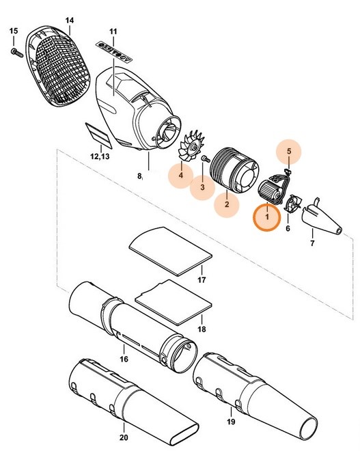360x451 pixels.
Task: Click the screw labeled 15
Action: click(14, 51)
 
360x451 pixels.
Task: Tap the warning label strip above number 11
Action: click(113, 50)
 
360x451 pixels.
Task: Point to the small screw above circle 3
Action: click(205, 159)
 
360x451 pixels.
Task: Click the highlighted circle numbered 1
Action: click(267, 217)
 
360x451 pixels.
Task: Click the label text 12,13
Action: click(100, 156)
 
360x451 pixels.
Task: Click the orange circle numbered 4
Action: click(181, 175)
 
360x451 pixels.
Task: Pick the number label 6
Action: click(288, 228)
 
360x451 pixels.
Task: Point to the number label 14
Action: click(69, 20)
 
